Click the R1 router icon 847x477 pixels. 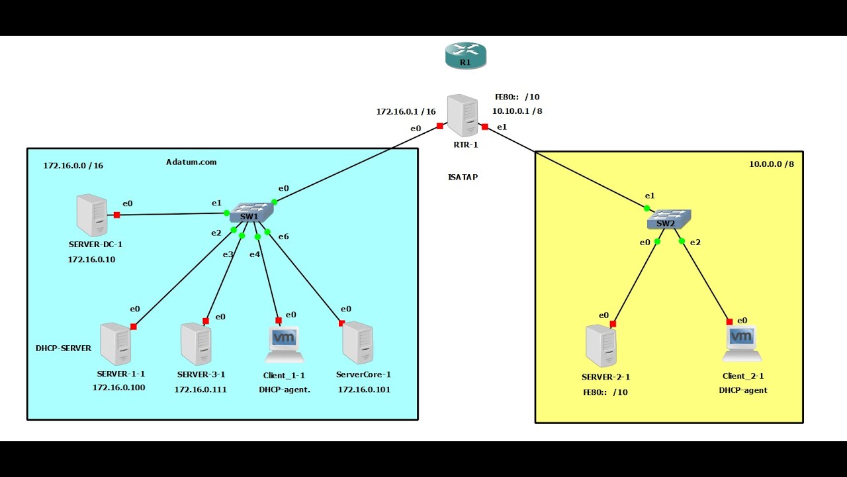(x=466, y=56)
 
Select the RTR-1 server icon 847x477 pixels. (x=463, y=115)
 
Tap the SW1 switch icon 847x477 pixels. (x=251, y=212)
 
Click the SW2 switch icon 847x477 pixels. (x=668, y=219)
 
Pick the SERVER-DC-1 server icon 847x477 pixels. (x=91, y=215)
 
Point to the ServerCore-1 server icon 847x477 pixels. (x=357, y=343)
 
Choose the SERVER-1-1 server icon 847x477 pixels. (x=115, y=344)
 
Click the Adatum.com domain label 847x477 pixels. (x=191, y=162)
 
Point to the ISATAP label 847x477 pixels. (x=463, y=177)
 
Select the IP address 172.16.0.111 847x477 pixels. (x=201, y=390)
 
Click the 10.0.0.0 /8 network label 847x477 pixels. (x=771, y=164)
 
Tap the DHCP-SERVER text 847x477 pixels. (x=64, y=348)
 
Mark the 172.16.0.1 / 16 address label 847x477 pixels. (x=406, y=111)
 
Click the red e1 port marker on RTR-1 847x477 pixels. (x=485, y=127)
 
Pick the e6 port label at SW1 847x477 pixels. (x=283, y=237)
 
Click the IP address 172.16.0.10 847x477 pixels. (x=91, y=259)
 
